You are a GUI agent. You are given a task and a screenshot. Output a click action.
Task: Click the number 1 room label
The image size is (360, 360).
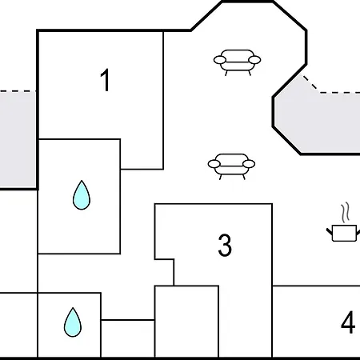105,80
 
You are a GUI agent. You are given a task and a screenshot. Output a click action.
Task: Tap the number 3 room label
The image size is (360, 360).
225,245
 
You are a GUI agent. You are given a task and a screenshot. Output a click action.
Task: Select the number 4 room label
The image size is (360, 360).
348,322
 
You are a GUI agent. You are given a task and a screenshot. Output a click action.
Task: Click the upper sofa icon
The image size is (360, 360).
237,62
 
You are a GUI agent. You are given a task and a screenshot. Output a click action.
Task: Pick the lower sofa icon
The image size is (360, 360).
231,166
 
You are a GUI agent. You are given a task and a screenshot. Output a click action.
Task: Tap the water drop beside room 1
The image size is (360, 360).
82,195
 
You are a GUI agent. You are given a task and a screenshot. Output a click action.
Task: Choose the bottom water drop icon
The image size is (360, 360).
73,322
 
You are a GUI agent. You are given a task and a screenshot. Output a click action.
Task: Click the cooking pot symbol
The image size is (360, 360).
344,233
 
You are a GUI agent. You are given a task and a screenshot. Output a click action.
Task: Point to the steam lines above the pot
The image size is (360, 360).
346,212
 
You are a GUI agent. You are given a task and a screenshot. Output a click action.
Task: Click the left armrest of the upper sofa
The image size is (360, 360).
220,60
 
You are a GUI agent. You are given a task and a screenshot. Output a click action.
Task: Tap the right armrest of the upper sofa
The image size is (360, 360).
254,60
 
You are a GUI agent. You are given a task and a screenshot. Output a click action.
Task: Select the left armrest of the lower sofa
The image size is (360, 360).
214,164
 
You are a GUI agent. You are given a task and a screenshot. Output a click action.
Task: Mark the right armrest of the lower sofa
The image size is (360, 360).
249,164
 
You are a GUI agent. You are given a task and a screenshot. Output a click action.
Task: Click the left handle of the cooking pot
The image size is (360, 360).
330,231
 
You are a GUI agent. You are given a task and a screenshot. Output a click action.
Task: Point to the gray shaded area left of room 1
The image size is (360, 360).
18,140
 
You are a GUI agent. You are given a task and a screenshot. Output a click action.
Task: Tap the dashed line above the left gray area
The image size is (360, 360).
18,91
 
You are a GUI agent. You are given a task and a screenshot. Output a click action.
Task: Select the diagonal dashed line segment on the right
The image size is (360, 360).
311,84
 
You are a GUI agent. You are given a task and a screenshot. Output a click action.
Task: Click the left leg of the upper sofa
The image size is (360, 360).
226,73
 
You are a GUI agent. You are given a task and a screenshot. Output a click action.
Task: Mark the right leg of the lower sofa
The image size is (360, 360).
244,177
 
